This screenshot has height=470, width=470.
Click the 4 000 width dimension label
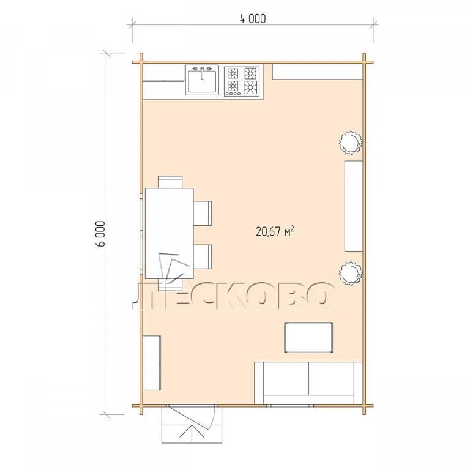pos(253,19)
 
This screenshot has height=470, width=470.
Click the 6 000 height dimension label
pos(101,234)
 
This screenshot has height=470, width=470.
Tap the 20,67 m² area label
pos(275,231)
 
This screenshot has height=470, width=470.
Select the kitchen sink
pos(202,80)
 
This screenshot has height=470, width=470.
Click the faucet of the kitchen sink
pos(202,72)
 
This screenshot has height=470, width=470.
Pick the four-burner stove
pos(242,81)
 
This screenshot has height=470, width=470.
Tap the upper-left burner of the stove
pos(233,73)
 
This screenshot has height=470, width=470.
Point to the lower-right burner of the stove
pos(250,87)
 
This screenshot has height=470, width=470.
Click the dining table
pos(169,233)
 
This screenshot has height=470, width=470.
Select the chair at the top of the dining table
pos(170,182)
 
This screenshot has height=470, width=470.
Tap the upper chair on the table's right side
pos(203,214)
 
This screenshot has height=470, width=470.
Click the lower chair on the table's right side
pos(203,257)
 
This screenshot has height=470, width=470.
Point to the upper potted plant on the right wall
pos(351,143)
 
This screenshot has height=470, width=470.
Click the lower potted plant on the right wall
pos(351,273)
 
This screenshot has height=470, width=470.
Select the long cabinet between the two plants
pos(354,206)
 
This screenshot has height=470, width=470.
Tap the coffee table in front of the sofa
pos(308,337)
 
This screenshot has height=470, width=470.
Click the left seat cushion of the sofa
pos(286,379)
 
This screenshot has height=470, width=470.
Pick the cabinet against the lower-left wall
pos(151,363)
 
